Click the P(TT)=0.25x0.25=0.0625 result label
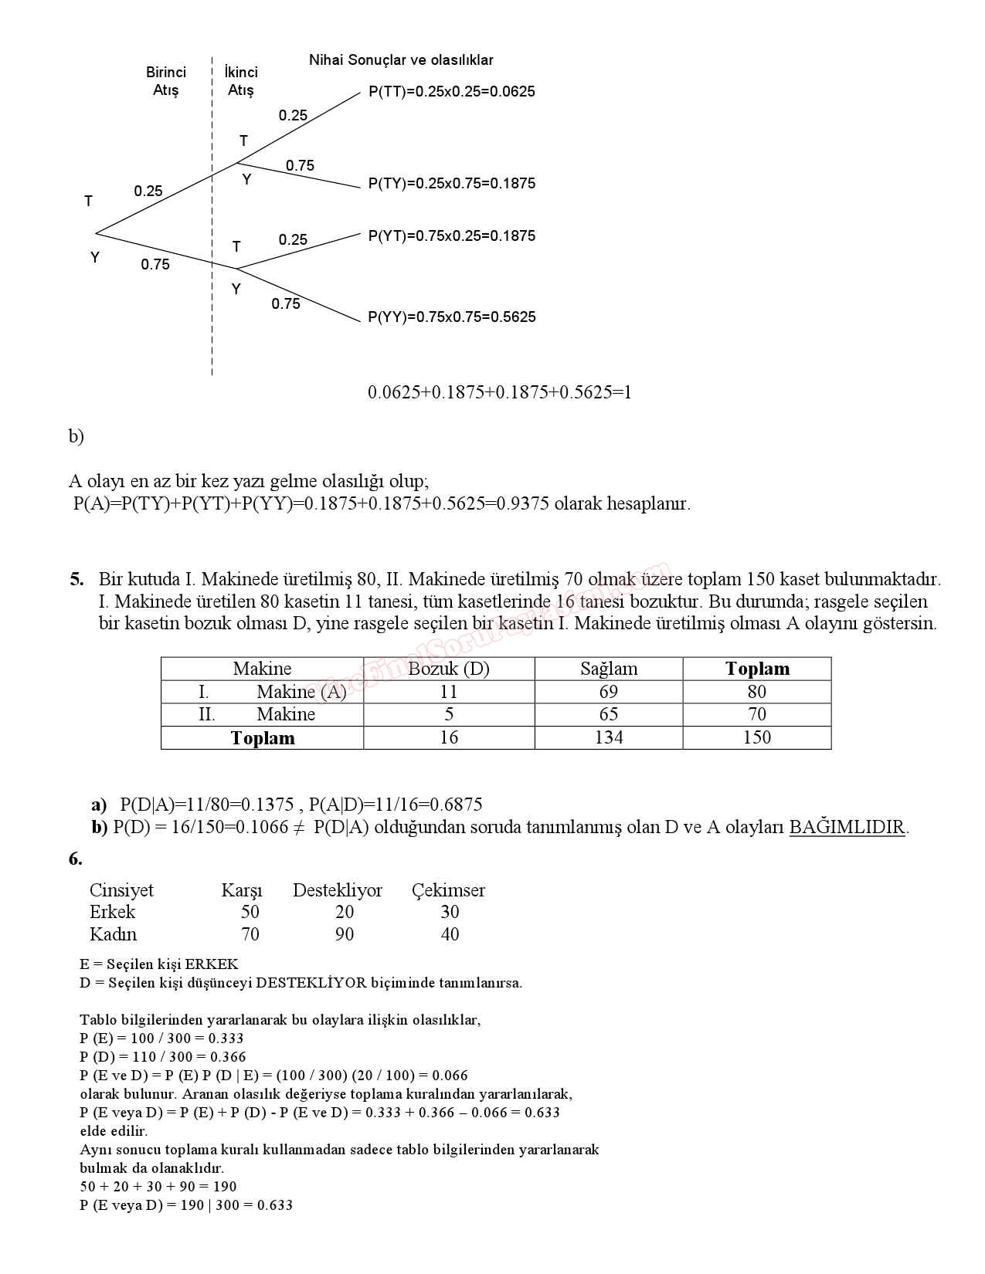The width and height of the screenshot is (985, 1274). (452, 92)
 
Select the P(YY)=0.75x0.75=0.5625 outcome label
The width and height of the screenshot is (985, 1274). (452, 317)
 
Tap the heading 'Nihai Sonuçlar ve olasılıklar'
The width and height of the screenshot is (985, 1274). (401, 60)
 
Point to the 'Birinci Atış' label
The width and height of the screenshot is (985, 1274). (166, 81)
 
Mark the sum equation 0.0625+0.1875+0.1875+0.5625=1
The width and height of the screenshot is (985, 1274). (500, 392)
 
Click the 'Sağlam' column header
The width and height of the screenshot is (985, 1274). (609, 669)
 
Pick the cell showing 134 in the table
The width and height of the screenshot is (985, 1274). (609, 738)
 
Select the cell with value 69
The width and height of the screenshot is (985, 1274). (609, 692)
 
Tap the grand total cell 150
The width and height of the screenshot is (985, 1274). (757, 738)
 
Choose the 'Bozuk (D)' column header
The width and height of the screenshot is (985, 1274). (449, 669)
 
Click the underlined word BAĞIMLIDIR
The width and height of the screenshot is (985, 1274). (847, 828)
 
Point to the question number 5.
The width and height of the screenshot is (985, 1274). (76, 580)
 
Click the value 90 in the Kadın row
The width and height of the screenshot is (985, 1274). (345, 935)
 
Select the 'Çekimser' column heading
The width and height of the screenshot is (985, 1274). (448, 890)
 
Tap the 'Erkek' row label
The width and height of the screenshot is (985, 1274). (113, 912)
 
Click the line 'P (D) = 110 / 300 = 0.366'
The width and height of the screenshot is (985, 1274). (163, 1057)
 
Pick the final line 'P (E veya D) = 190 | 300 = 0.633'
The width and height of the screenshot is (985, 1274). (186, 1205)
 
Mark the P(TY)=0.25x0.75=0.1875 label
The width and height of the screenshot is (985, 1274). (452, 184)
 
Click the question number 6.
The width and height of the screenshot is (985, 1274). (75, 859)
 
